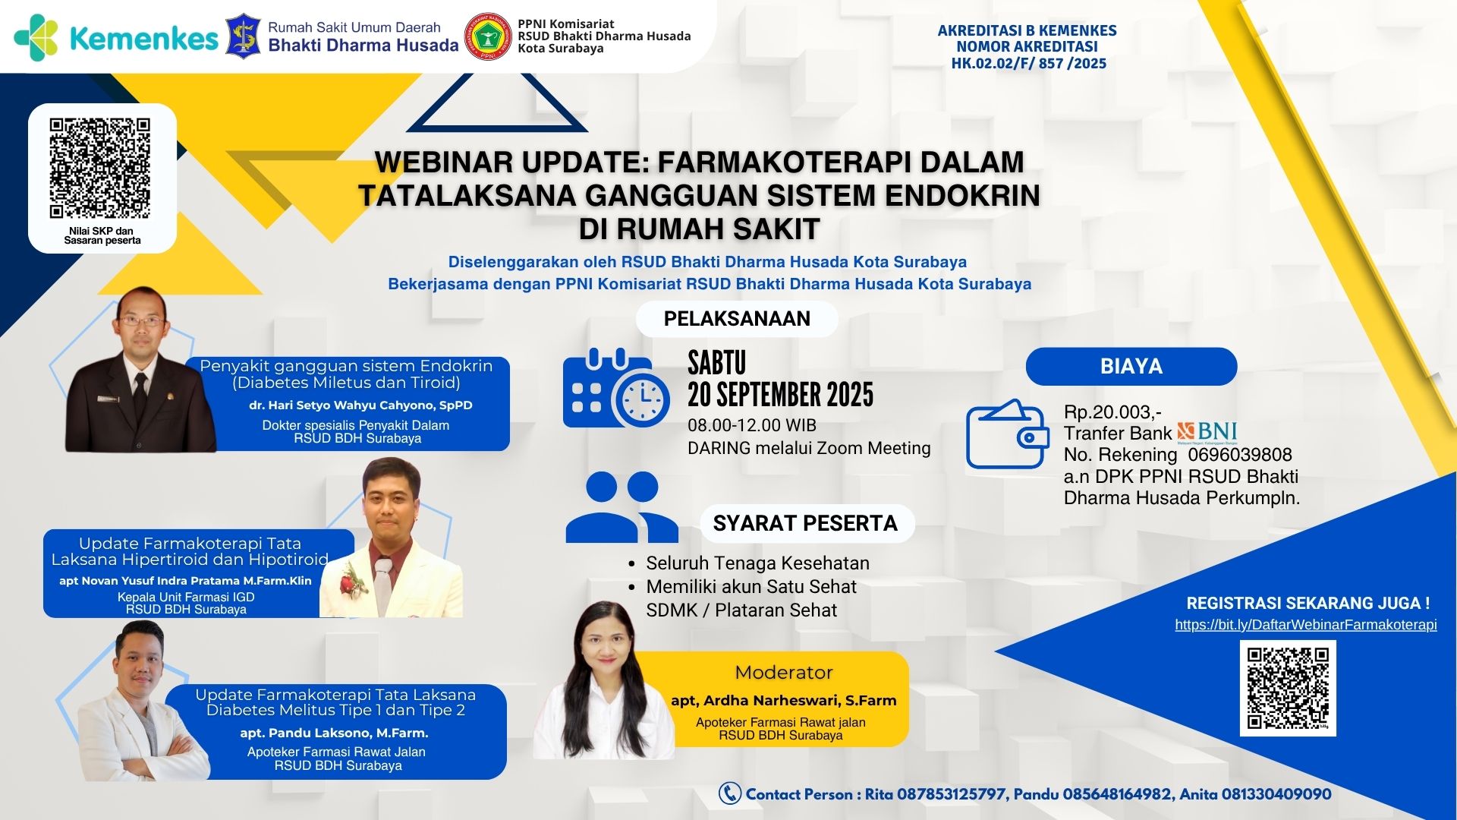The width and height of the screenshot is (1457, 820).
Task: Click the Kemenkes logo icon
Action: (36, 37)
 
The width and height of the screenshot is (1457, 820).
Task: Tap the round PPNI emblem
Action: (487, 36)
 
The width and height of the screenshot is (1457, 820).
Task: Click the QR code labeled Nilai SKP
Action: (100, 167)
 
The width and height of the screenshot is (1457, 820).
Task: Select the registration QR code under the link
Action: (1288, 688)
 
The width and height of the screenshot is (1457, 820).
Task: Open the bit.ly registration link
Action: (1305, 625)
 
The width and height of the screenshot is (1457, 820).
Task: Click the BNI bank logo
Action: (1207, 433)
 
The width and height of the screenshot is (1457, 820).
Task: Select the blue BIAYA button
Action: (1131, 367)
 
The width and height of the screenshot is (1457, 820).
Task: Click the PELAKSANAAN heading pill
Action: (737, 319)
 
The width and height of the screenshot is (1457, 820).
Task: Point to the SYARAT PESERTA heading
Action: (805, 523)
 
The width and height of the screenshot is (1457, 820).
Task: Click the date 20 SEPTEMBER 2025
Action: (780, 395)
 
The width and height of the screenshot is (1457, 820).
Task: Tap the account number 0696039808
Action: (1240, 455)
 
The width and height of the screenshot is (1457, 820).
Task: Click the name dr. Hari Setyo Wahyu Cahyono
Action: (360, 405)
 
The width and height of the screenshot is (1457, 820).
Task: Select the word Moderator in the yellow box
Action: (784, 673)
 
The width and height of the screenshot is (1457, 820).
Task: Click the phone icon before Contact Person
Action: (729, 793)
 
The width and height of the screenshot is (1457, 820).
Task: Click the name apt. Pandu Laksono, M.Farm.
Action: (334, 733)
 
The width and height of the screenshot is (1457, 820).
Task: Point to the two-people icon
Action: (622, 507)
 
